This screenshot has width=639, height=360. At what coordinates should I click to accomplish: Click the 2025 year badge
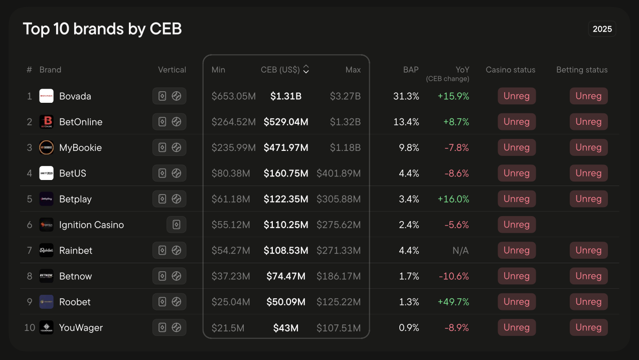(602, 29)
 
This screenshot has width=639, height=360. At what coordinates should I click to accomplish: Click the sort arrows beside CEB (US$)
(306, 69)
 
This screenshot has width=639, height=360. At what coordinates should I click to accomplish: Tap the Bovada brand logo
(46, 96)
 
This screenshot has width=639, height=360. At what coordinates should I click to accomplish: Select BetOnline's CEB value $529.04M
(286, 122)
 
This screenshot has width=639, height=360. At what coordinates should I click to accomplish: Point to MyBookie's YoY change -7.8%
(457, 148)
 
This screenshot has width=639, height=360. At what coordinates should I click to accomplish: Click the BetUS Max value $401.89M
(339, 173)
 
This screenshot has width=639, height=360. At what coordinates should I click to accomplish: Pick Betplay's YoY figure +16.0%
(453, 199)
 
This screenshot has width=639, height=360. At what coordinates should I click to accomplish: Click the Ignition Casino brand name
(92, 225)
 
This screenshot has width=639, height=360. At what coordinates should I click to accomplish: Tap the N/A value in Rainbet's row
(460, 251)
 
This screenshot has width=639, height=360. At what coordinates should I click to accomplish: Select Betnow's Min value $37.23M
(231, 276)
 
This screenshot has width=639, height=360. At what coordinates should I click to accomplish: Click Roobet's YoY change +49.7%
(453, 302)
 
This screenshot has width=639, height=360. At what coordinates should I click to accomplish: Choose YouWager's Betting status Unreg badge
(588, 327)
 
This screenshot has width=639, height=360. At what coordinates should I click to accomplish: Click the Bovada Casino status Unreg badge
(517, 96)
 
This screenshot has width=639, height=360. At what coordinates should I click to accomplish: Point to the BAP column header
(411, 70)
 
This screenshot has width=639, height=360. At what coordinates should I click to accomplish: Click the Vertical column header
(172, 70)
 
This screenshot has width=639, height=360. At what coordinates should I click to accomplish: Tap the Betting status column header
(582, 70)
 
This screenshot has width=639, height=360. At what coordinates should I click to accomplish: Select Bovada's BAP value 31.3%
(406, 96)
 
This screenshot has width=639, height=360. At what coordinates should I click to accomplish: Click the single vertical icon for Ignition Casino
(176, 225)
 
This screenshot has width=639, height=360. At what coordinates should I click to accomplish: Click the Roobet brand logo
(46, 302)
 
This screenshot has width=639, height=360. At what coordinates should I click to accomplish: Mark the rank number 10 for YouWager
(30, 327)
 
